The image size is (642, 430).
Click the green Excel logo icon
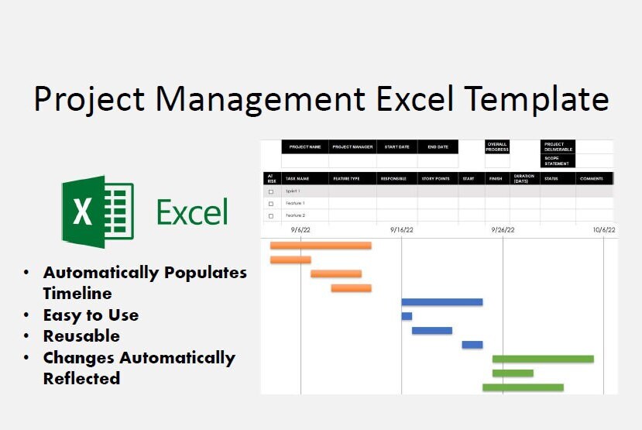[98, 212]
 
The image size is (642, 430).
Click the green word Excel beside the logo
[192, 212]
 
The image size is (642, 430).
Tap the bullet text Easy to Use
[91, 315]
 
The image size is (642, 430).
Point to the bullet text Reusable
[81, 336]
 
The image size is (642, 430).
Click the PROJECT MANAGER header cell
[352, 146]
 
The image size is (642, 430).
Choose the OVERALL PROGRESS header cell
[497, 146]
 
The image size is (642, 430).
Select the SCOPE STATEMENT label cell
[557, 160]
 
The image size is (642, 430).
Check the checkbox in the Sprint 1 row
[271, 191]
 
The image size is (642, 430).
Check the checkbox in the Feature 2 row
[271, 215]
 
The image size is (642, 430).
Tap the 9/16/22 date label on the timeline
[402, 229]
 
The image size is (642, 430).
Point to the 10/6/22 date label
[604, 229]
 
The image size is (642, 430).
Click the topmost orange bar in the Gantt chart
[320, 246]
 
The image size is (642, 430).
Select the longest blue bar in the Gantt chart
[441, 302]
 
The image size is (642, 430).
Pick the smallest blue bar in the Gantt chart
[407, 316]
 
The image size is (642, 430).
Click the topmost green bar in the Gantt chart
[543, 359]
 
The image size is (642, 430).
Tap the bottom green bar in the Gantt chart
[523, 387]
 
